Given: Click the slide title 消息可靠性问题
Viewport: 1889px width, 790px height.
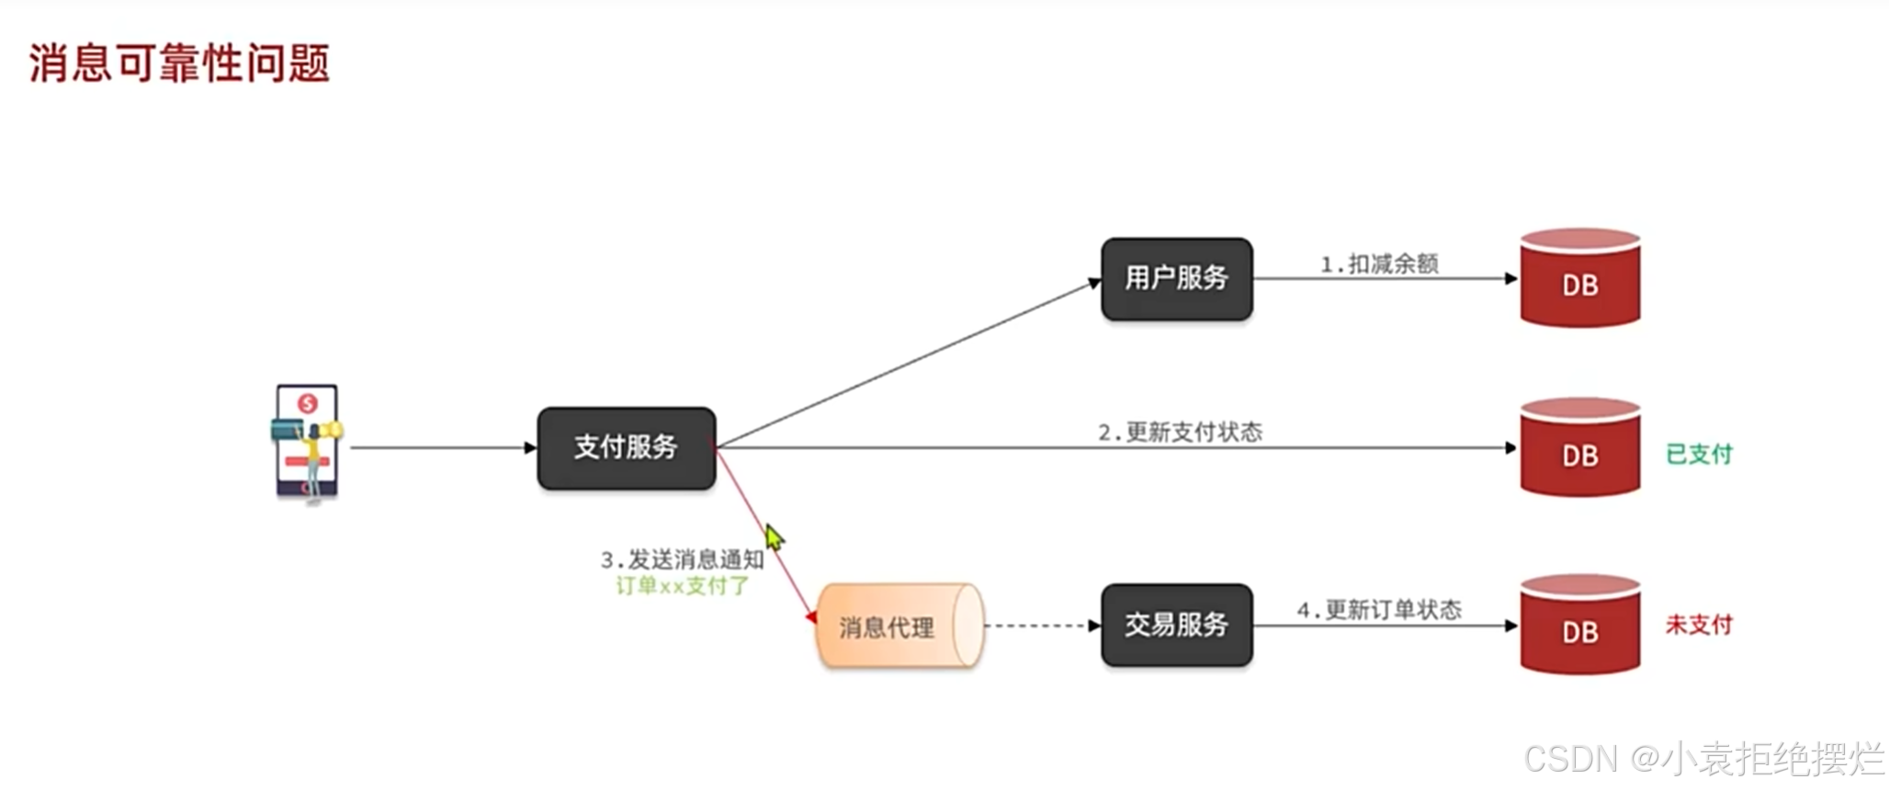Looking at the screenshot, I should point(179,63).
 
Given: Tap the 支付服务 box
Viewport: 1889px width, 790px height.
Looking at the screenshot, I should point(626,447).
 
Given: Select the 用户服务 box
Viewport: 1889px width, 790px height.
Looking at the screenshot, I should point(1176,278).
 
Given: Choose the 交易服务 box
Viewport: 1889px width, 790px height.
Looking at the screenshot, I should point(1176,626).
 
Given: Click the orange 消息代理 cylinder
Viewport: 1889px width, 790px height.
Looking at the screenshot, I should point(899,626).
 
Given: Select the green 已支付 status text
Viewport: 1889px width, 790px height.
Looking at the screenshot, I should point(1699,454).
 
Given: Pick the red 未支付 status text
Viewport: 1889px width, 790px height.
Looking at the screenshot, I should point(1699,625).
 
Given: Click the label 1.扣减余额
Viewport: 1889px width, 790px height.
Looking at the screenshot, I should point(1379,265).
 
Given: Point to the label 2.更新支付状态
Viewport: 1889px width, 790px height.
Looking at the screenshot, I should point(1180,432).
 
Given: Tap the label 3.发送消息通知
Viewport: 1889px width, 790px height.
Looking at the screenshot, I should point(682,559).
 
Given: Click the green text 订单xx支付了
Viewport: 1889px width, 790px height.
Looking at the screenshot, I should point(682,586).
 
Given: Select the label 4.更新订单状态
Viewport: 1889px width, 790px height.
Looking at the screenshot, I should point(1378,610).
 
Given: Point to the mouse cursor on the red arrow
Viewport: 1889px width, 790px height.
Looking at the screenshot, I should point(774,536).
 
